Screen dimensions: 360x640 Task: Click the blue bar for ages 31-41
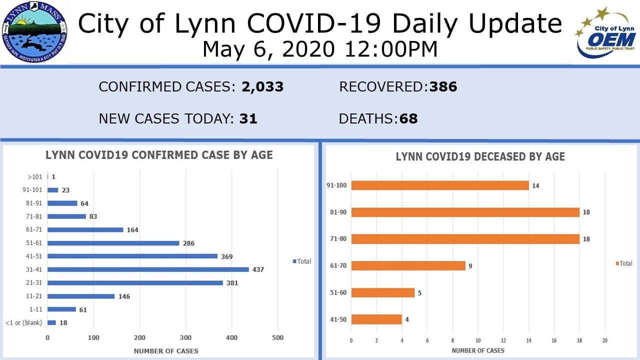(x=148, y=269)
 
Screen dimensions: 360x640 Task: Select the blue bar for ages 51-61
(x=113, y=243)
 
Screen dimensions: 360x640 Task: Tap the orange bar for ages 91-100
(x=440, y=185)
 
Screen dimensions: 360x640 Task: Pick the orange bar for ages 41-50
(x=376, y=319)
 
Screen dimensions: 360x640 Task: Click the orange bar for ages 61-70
(x=408, y=265)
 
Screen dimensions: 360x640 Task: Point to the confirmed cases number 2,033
(x=262, y=87)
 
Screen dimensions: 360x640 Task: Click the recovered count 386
(x=443, y=87)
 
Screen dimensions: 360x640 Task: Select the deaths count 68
(x=408, y=119)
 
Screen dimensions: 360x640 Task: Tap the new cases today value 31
(x=248, y=119)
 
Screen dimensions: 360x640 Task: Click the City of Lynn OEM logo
(x=605, y=32)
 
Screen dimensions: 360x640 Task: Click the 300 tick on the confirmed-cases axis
(x=185, y=337)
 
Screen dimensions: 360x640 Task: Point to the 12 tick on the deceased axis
(x=503, y=340)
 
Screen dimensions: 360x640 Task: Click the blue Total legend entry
(x=302, y=261)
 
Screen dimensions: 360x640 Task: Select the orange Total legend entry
(x=624, y=263)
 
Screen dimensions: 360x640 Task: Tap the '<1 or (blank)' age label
(x=24, y=323)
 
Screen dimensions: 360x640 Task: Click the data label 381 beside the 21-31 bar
(x=232, y=283)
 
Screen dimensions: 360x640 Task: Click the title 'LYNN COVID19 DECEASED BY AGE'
(x=480, y=157)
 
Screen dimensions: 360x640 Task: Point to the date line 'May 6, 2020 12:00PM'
(x=320, y=49)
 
